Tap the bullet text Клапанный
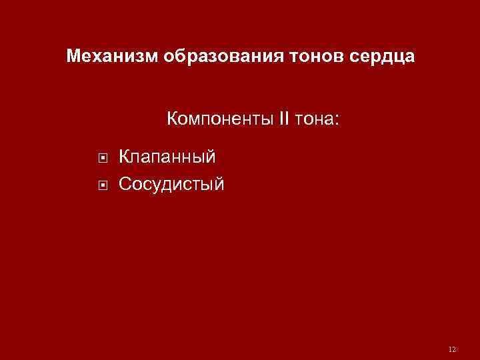point(167,158)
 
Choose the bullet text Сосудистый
point(171,183)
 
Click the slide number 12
point(453,349)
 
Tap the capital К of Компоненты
point(173,120)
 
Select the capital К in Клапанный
point(124,157)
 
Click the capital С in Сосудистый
point(125,183)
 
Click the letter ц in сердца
point(395,57)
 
